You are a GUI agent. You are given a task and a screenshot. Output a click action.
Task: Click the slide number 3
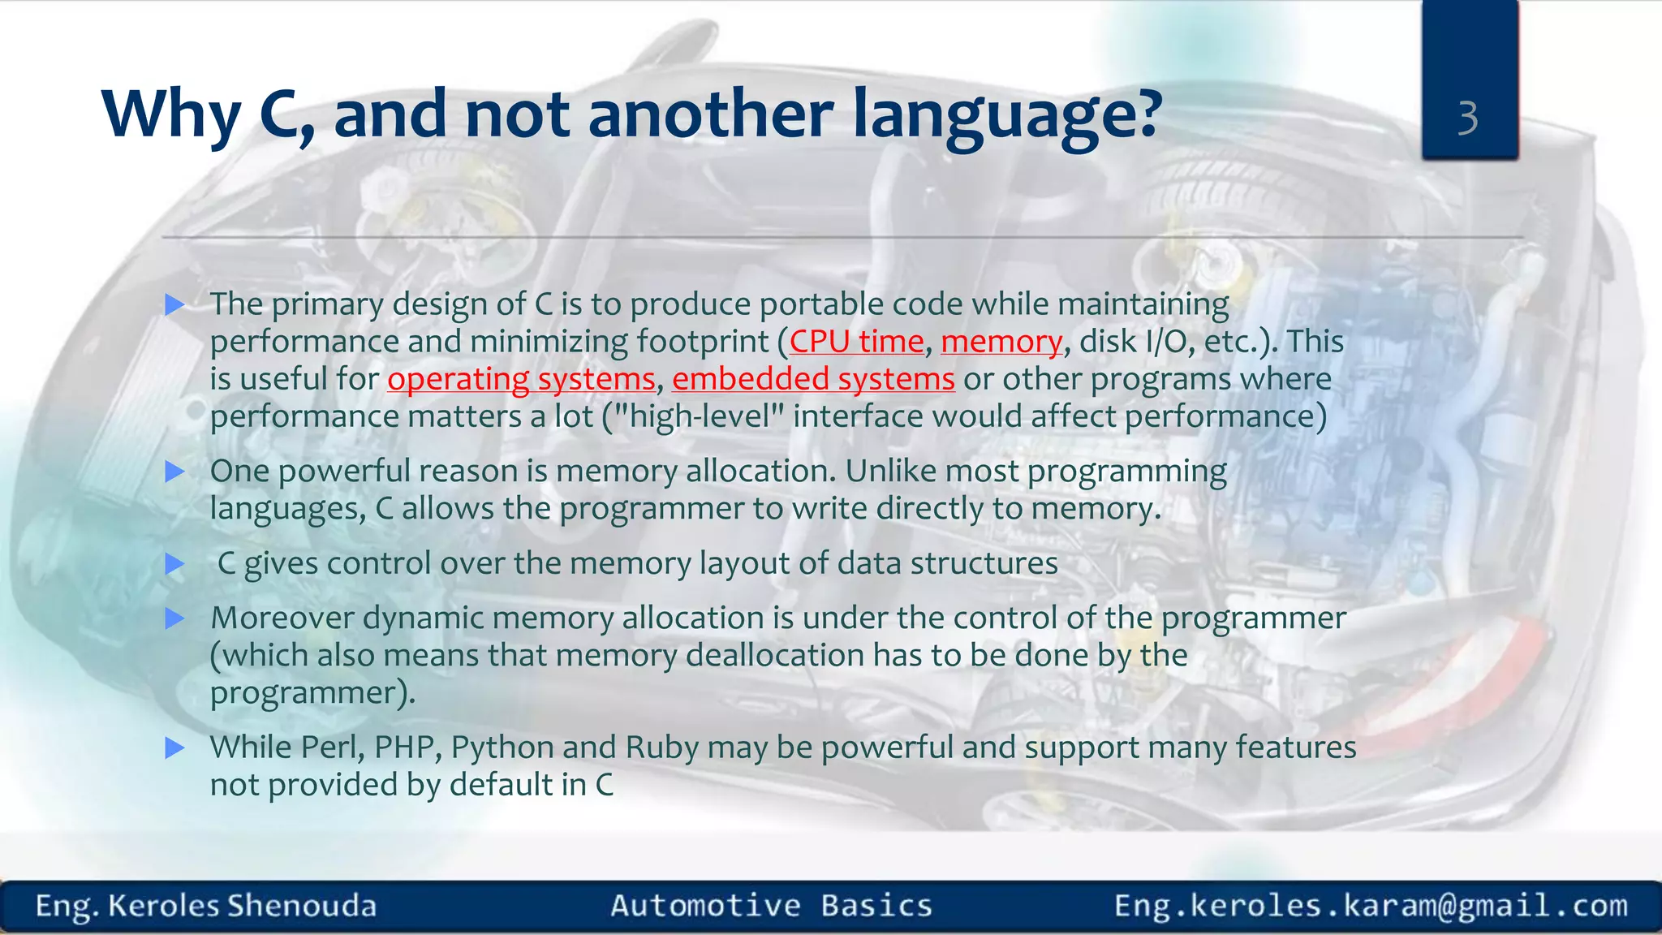[1467, 118]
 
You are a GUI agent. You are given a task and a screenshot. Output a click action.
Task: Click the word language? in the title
[1008, 115]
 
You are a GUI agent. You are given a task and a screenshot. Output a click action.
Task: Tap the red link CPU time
[856, 342]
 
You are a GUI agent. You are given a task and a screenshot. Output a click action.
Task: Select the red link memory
[1001, 342]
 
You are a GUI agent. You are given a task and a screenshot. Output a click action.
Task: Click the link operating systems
[521, 379]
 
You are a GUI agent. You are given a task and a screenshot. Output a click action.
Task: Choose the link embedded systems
[813, 379]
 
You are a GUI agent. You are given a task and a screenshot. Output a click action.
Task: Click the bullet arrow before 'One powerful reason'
[174, 472]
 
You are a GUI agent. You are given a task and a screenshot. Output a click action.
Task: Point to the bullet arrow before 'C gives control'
[174, 564]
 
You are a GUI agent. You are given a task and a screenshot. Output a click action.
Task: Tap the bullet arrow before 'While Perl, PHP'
[174, 748]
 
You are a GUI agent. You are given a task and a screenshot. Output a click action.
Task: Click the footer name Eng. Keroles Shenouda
[206, 906]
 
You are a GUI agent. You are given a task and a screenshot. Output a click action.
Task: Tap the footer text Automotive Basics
[771, 906]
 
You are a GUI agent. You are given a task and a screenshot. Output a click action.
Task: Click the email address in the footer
[1371, 906]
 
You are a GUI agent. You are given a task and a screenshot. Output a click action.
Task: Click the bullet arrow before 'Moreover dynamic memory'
[174, 619]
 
